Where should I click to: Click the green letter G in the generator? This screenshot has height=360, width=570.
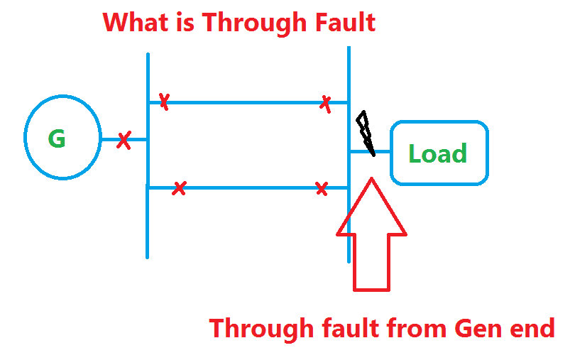coord(57,138)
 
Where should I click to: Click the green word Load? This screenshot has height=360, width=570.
coord(437,153)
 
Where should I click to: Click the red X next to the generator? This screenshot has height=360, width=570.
coord(124,139)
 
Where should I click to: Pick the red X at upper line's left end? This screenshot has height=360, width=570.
coord(164,102)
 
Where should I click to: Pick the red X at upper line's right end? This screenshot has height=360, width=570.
coord(326,103)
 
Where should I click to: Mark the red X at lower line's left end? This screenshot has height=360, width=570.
coord(180,188)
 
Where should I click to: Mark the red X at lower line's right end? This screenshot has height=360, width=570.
coord(322,188)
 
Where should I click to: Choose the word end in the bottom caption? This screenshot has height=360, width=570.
coord(532,328)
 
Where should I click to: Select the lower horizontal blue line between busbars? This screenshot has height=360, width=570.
coord(248,188)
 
